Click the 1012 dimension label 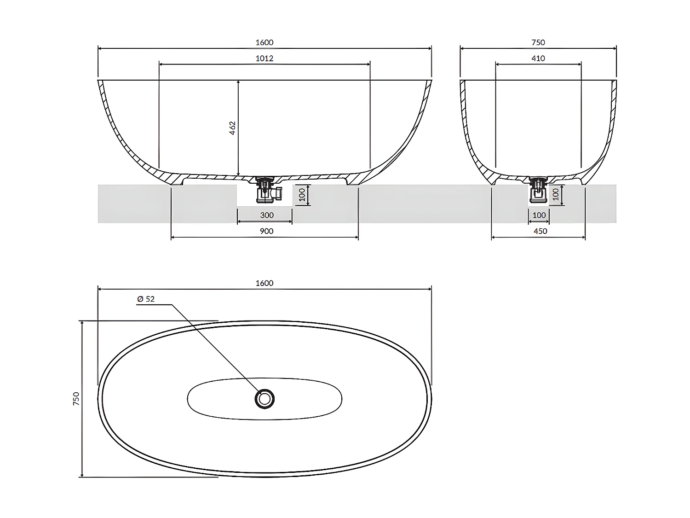pos(264,58)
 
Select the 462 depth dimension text pos(232,128)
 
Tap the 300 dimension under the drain pos(267,215)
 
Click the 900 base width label pos(266,231)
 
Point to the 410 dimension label pos(538,58)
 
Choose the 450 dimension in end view pos(540,231)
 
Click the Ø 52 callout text pos(146,299)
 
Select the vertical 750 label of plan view pos(76,399)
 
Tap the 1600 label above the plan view pos(264,283)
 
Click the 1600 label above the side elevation pos(264,42)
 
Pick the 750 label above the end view pos(538,42)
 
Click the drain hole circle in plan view pos(264,399)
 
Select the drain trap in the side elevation pos(265,190)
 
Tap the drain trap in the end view pos(538,190)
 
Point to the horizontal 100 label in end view pos(539,215)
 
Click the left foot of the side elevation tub pos(177,182)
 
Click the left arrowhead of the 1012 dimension pos(161,64)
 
